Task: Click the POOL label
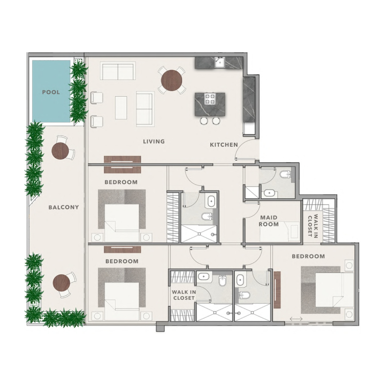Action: pyautogui.click(x=51, y=92)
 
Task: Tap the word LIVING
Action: pyautogui.click(x=154, y=141)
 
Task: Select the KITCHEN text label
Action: pyautogui.click(x=224, y=144)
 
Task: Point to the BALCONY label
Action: pyautogui.click(x=64, y=207)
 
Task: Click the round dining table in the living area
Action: pyautogui.click(x=172, y=80)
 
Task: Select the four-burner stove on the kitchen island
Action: pyautogui.click(x=210, y=99)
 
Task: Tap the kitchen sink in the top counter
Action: pyautogui.click(x=220, y=62)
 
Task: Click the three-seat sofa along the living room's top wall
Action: pyautogui.click(x=118, y=71)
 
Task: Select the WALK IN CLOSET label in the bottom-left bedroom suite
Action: pyautogui.click(x=183, y=295)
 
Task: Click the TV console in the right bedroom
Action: pyautogui.click(x=277, y=290)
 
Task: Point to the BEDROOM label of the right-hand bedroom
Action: pyautogui.click(x=308, y=256)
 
